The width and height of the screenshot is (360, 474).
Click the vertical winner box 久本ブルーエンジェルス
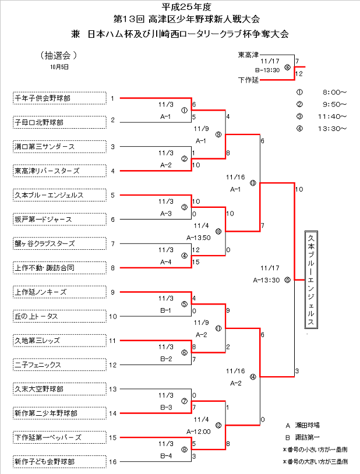312,280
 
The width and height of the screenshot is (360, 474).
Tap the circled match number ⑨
218,135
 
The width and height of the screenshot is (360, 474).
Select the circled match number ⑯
287,67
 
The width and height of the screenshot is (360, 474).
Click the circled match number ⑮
287,280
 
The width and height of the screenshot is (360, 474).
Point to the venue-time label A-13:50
198,238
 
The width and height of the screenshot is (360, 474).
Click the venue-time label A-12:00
198,431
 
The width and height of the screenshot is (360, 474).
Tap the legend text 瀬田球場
312,426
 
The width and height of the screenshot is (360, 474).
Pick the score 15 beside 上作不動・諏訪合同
196,261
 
